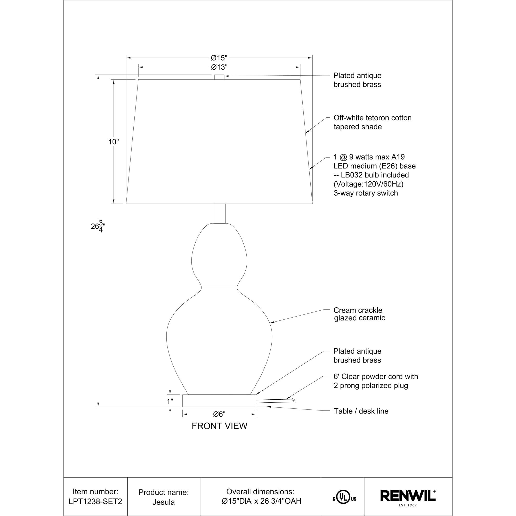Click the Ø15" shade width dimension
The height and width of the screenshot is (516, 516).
pyautogui.click(x=219, y=58)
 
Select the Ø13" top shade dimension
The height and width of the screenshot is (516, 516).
pyautogui.click(x=219, y=67)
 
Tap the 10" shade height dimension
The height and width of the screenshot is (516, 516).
pyautogui.click(x=114, y=142)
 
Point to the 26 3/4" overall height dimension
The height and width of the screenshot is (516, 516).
pyautogui.click(x=97, y=227)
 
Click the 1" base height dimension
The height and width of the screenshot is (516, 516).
pyautogui.click(x=170, y=401)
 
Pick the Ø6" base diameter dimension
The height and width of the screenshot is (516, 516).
pyautogui.click(x=219, y=414)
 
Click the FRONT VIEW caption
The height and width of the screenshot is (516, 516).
pyautogui.click(x=219, y=426)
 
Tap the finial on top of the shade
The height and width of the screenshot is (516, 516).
pyautogui.click(x=219, y=77)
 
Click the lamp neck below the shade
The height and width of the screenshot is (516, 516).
pyautogui.click(x=219, y=213)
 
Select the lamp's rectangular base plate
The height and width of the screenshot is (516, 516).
pyautogui.click(x=219, y=401)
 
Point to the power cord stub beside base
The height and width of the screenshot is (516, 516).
pyautogui.click(x=275, y=401)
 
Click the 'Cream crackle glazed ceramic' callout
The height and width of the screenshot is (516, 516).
pyautogui.click(x=359, y=314)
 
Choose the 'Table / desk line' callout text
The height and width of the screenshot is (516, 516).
pyautogui.click(x=361, y=411)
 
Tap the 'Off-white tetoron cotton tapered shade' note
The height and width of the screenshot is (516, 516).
pyautogui.click(x=372, y=122)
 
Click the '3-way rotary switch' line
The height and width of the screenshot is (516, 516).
pyautogui.click(x=366, y=193)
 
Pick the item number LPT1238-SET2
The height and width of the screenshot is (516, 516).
pyautogui.click(x=95, y=501)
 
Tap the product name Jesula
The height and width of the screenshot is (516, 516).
pyautogui.click(x=164, y=502)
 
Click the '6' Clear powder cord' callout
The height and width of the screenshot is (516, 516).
pyautogui.click(x=375, y=381)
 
